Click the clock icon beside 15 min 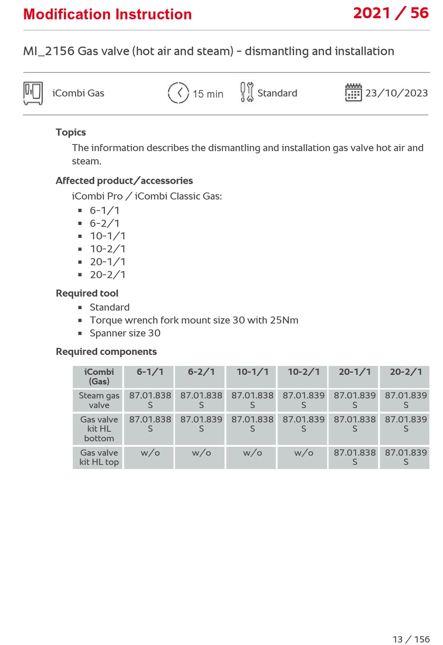(x=178, y=93)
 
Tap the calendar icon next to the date (x=353, y=92)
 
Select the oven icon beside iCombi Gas (x=33, y=93)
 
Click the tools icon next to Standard (x=247, y=92)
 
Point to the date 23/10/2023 (x=396, y=93)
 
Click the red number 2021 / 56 (x=390, y=14)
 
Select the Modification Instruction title (x=108, y=14)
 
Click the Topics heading (x=71, y=132)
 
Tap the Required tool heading (x=87, y=293)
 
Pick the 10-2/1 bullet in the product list (x=108, y=249)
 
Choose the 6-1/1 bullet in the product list (x=105, y=210)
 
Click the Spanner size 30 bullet (x=125, y=333)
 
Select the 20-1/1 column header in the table (x=354, y=372)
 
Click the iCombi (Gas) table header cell (x=99, y=377)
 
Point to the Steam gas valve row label (x=99, y=400)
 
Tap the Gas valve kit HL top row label (x=99, y=458)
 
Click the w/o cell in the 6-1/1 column (x=150, y=453)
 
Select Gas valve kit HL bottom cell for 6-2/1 (x=201, y=424)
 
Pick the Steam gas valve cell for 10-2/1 (x=304, y=400)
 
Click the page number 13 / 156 (x=411, y=639)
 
